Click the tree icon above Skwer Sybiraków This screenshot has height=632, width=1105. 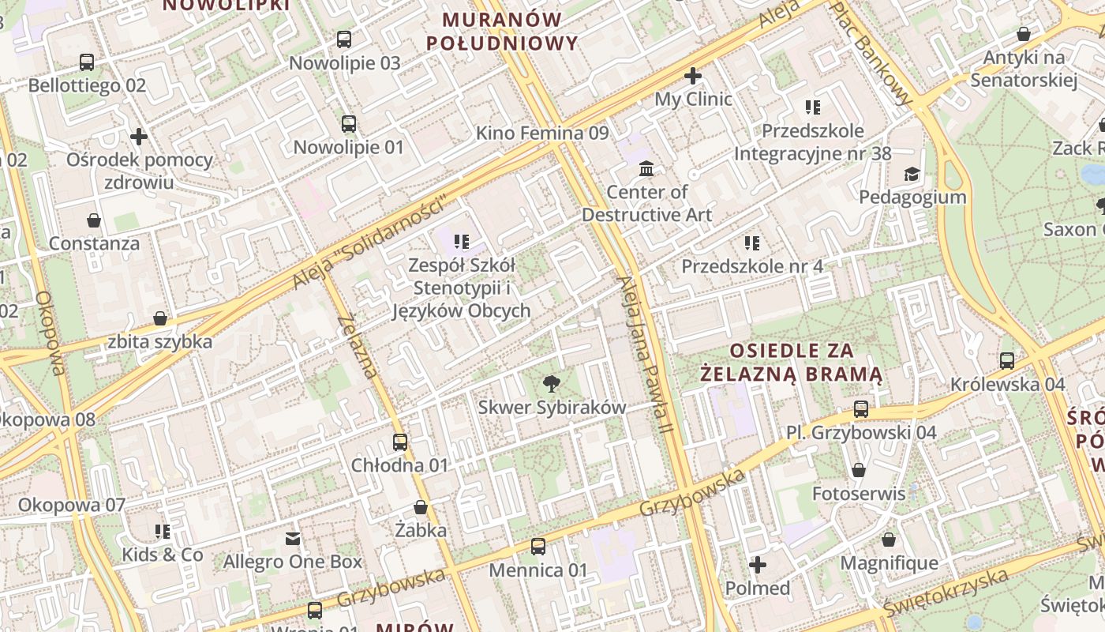point(552,384)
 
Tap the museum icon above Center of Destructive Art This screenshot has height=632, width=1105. point(646,168)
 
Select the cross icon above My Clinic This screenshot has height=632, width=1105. point(693,76)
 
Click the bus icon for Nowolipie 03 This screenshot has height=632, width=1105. point(344,39)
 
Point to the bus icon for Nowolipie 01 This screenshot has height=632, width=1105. point(349,124)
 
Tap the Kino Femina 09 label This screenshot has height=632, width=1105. point(542,133)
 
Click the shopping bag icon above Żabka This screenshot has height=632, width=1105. point(421,507)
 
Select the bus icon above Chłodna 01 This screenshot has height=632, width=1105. point(400,442)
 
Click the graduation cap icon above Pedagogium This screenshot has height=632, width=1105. point(912,174)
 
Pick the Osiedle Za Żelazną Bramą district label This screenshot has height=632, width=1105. point(792,362)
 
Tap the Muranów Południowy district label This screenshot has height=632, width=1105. point(502,32)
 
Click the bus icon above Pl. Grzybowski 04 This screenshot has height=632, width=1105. point(861,409)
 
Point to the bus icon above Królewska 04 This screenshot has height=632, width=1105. point(1007,361)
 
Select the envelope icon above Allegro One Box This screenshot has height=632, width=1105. point(293,539)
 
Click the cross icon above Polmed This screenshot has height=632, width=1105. point(758,565)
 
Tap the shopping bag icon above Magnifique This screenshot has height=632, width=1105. point(889,540)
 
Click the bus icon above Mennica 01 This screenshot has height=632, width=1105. point(538,547)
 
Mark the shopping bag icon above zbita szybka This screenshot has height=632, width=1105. point(160,318)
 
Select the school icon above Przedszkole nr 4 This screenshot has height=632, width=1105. point(752,243)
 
